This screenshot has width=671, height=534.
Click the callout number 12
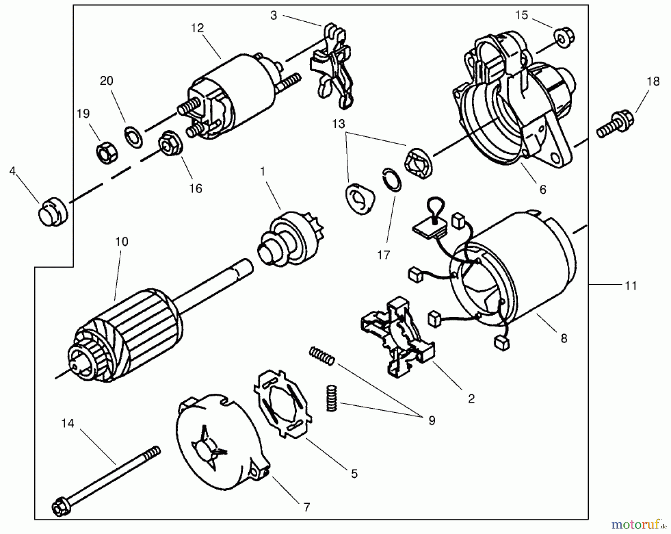tap(198, 28)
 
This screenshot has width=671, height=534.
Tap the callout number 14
tap(67, 424)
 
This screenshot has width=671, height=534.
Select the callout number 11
tap(630, 286)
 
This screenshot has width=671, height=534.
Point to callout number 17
tap(383, 255)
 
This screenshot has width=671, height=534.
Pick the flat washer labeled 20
tap(133, 137)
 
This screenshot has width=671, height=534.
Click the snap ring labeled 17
tap(392, 179)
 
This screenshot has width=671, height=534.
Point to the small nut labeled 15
tap(565, 37)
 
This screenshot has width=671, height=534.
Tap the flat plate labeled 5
tap(283, 403)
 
